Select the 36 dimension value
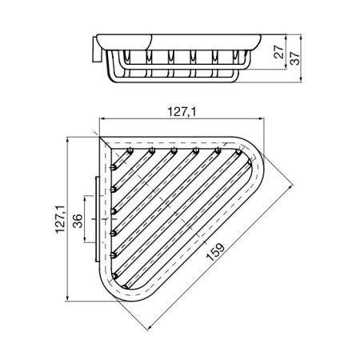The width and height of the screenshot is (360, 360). (x=78, y=220)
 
